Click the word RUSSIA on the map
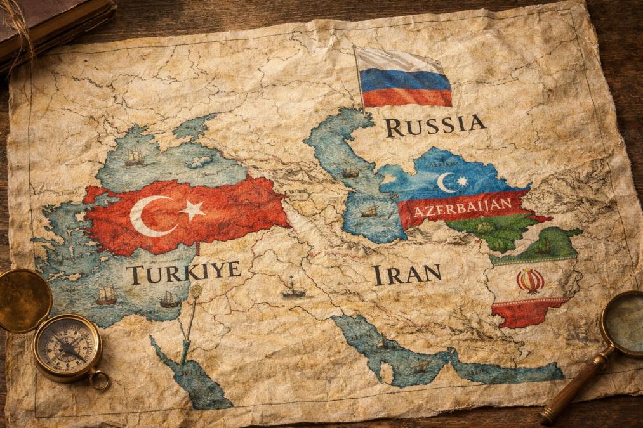[435, 125]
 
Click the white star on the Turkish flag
[192, 209]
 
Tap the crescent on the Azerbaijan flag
[446, 183]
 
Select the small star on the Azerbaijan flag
[462, 182]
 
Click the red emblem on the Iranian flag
[530, 280]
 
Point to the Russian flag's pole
[360, 82]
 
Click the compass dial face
[67, 347]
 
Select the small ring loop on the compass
[99, 380]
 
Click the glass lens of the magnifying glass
[626, 323]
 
